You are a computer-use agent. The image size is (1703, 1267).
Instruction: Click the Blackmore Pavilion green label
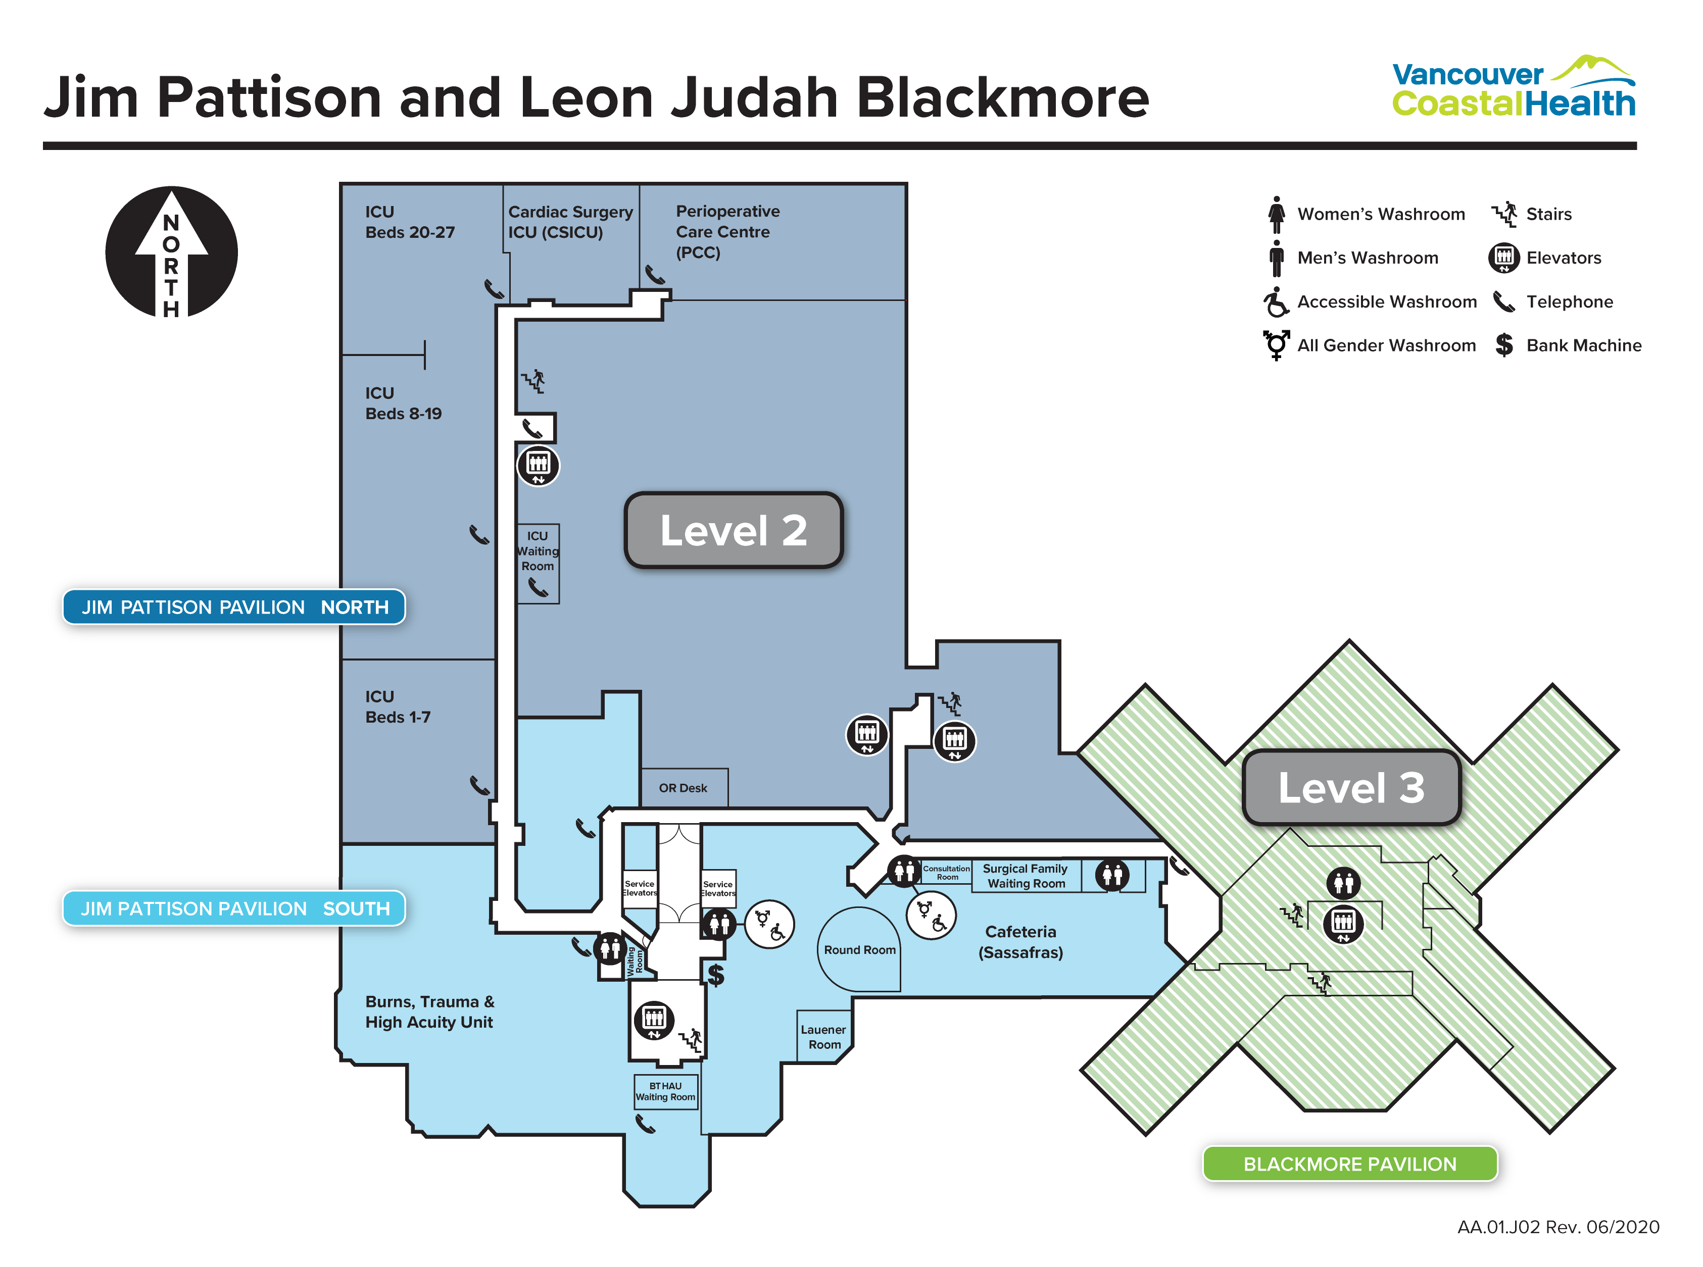(x=1349, y=1163)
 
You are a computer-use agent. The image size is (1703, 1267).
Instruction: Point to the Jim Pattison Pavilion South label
(x=234, y=908)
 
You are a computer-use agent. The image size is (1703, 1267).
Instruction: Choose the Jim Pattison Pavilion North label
(x=234, y=606)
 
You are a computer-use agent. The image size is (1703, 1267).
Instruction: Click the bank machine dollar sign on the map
(x=716, y=974)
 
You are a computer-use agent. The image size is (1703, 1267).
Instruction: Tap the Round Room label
(x=859, y=949)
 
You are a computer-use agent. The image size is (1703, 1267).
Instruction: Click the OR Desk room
(x=683, y=788)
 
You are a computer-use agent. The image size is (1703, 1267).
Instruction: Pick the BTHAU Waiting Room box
(x=665, y=1091)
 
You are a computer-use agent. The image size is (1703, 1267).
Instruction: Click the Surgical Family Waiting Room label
(x=1026, y=876)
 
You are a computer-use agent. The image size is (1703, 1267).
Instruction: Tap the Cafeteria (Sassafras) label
(x=1020, y=942)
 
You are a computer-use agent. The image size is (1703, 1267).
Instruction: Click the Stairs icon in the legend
(x=1504, y=214)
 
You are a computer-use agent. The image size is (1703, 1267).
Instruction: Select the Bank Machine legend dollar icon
(x=1504, y=345)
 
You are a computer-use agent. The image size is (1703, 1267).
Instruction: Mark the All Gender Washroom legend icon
(x=1276, y=345)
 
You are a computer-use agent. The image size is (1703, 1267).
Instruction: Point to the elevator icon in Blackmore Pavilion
(x=1343, y=923)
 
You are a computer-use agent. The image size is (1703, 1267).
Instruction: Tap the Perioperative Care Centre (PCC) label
(x=727, y=232)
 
